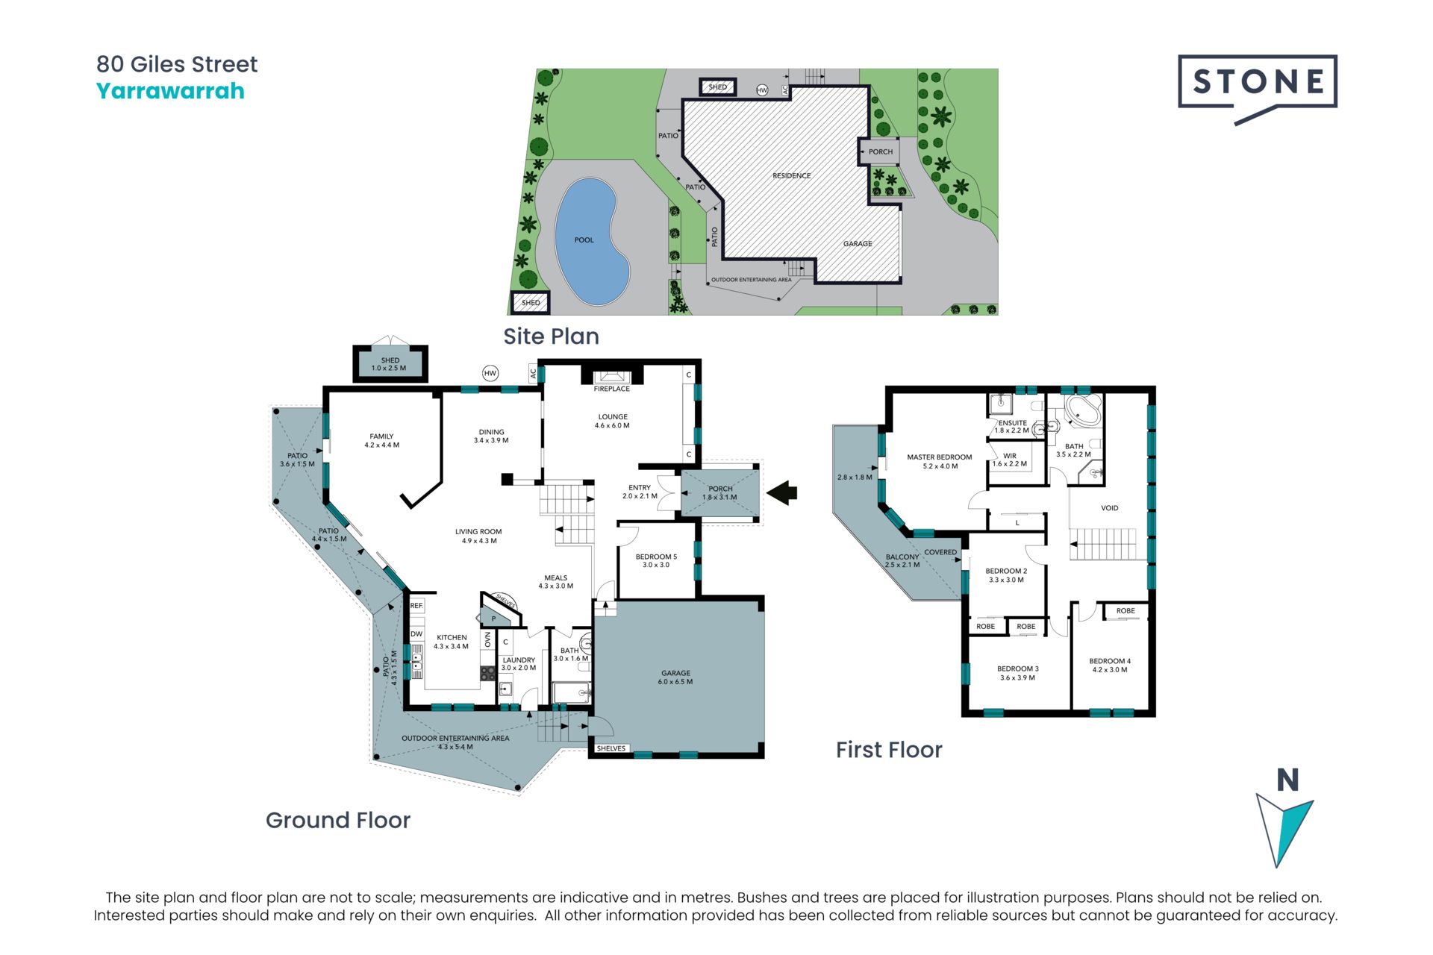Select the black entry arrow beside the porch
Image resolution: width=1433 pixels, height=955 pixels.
click(782, 492)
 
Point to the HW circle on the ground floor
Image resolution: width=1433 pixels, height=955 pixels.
click(490, 373)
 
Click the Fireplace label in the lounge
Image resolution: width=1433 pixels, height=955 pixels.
click(612, 389)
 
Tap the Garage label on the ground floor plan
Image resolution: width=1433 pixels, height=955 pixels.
click(675, 673)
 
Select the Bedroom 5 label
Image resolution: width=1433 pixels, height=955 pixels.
click(656, 557)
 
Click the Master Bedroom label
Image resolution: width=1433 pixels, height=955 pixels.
click(940, 457)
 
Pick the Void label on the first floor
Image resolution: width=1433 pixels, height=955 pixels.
click(1110, 508)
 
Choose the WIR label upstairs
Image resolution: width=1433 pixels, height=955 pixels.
click(1010, 456)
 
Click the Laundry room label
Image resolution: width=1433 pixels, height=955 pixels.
click(519, 660)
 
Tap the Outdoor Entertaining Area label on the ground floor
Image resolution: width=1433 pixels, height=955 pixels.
click(455, 739)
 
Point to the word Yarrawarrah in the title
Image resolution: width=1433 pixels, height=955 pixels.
click(170, 91)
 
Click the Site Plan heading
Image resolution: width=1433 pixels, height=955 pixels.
click(551, 336)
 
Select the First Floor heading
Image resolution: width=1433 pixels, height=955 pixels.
click(889, 750)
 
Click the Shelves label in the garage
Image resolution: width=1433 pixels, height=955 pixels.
click(611, 748)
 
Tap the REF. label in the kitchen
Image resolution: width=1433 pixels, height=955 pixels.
click(416, 606)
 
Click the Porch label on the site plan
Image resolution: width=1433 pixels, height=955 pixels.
click(881, 151)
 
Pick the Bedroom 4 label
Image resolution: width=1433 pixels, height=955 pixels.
click(1110, 661)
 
